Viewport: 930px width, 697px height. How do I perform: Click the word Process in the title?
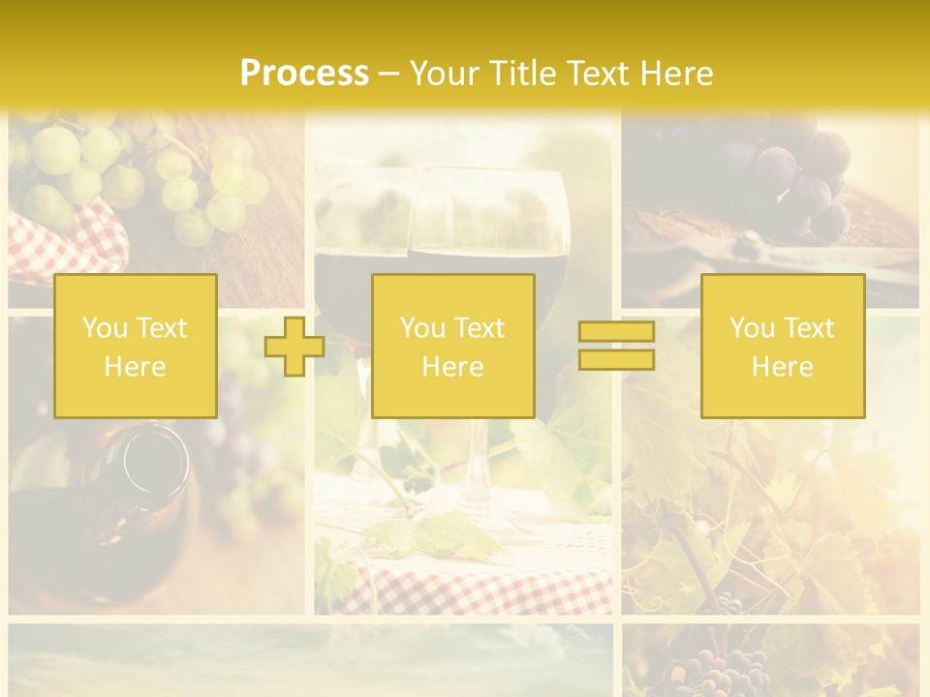click(x=304, y=73)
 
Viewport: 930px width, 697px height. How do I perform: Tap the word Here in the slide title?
click(x=676, y=73)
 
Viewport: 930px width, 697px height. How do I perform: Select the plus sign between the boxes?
click(x=294, y=347)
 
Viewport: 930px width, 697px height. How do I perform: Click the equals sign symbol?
click(x=616, y=346)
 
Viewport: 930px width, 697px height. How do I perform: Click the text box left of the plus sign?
click(x=136, y=347)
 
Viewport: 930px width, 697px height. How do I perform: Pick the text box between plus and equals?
click(x=452, y=347)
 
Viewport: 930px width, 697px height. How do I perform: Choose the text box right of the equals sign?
click(x=783, y=347)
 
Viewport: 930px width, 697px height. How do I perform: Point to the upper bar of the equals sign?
click(x=616, y=332)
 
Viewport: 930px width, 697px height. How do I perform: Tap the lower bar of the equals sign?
click(x=616, y=359)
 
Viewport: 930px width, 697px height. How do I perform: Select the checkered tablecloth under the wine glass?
click(x=465, y=581)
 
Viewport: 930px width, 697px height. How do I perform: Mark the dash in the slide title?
click(x=388, y=74)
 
